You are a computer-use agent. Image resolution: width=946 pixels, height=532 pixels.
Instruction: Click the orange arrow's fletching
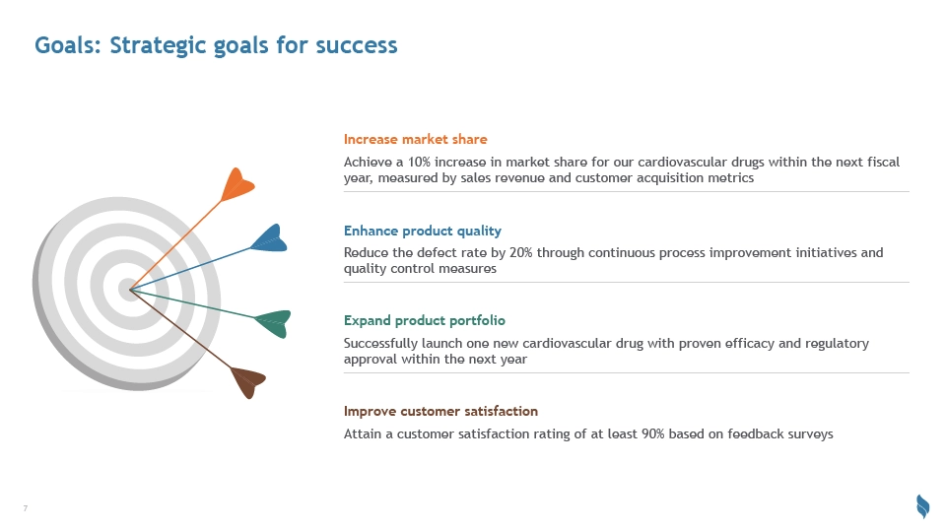pos(237,184)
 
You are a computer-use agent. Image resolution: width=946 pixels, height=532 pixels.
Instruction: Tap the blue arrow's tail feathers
pos(269,238)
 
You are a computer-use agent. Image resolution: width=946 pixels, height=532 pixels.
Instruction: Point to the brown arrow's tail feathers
pos(248,382)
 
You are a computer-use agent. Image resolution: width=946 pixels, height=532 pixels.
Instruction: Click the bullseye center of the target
pos(130,290)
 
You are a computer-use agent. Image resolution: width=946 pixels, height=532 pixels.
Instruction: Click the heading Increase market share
pos(415,139)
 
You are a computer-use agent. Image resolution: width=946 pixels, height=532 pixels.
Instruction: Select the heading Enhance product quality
pos(423,231)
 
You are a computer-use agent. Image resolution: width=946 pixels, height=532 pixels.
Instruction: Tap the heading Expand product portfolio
pos(424,321)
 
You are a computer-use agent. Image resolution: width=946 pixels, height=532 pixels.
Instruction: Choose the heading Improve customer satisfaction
pos(440,412)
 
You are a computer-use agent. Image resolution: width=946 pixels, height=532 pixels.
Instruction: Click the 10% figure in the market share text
pos(420,163)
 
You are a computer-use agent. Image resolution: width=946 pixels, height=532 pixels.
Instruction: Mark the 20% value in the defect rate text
pos(521,253)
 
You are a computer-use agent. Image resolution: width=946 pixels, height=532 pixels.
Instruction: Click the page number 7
pos(26,508)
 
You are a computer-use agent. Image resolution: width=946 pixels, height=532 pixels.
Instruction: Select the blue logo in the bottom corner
pos(922,506)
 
